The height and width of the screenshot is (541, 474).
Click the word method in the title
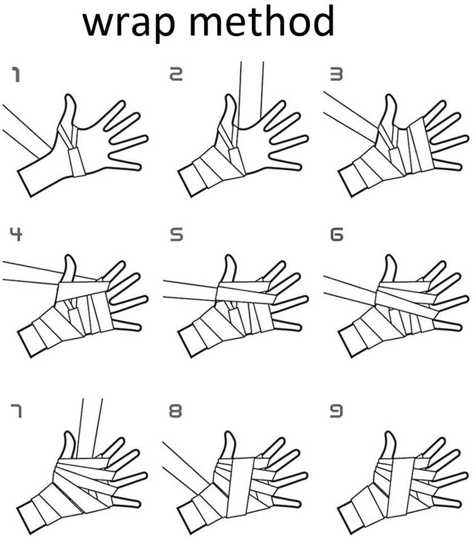pyautogui.click(x=262, y=20)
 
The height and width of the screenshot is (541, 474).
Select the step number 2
pyautogui.click(x=176, y=74)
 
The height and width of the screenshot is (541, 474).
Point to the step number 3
pyautogui.click(x=336, y=74)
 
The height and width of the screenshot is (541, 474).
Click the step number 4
pyautogui.click(x=16, y=234)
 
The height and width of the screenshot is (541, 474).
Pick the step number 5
pyautogui.click(x=176, y=234)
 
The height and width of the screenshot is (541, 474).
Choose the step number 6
pyautogui.click(x=336, y=234)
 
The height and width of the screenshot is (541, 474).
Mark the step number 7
pyautogui.click(x=16, y=411)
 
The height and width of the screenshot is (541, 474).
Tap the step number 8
pyautogui.click(x=175, y=411)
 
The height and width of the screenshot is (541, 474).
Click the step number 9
pyautogui.click(x=336, y=411)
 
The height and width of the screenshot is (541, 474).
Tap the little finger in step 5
pyautogui.click(x=287, y=325)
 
